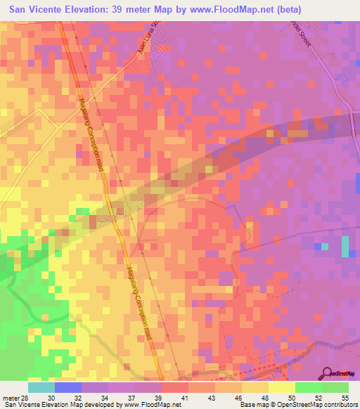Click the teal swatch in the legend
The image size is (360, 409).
pyautogui.click(x=41, y=387)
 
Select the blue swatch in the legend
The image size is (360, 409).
pyautogui.click(x=68, y=387)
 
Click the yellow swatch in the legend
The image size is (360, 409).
pyautogui.click(x=281, y=387)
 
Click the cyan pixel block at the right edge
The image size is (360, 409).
pyautogui.click(x=345, y=247)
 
